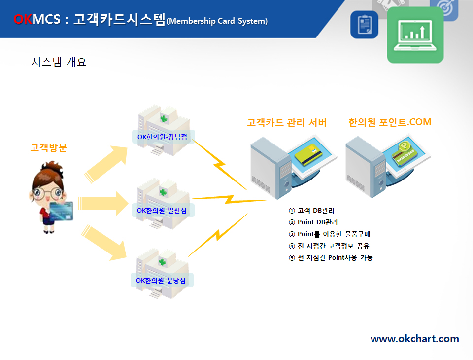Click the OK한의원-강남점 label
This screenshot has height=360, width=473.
162,137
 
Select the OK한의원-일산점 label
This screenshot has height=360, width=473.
162,210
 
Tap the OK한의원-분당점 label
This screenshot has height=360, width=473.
161,280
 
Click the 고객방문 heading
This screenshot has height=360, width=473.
49,147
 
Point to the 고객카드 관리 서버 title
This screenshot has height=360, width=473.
287,123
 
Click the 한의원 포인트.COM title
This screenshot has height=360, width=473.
390,122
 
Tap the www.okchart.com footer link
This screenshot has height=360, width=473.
415,339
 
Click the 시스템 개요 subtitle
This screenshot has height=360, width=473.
59,62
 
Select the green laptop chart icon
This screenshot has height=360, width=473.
415,35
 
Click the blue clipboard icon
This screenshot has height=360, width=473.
365,25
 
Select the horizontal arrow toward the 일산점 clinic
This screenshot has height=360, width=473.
103,203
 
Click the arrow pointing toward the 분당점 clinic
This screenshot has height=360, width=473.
104,243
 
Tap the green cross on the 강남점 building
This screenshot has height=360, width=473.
164,119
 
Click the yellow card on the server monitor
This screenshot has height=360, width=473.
308,154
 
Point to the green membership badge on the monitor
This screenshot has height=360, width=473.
404,152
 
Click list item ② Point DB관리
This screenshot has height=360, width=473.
313,222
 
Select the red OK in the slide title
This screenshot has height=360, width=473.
23,19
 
